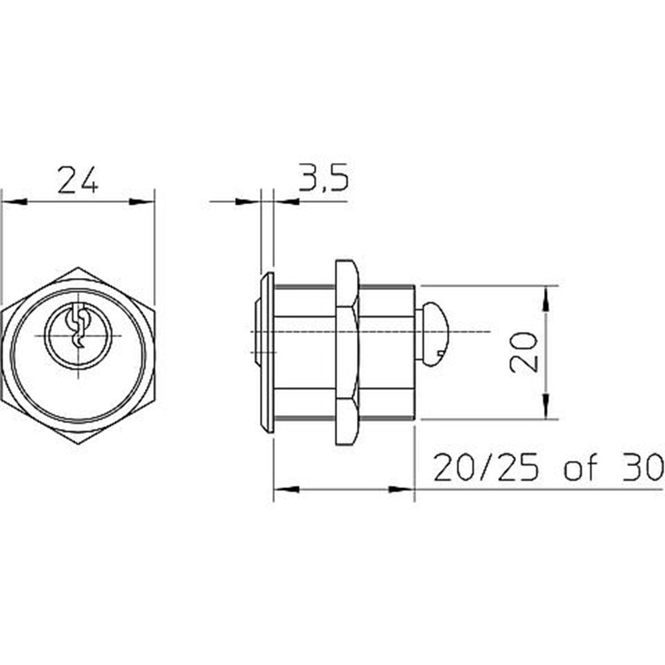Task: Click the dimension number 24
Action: (78, 180)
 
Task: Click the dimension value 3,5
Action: (324, 176)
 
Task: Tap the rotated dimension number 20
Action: (524, 352)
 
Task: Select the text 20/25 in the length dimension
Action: (487, 467)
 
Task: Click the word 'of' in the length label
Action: (581, 467)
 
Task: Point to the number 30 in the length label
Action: (641, 467)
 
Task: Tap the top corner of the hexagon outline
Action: (78, 267)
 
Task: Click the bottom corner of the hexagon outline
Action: (78, 444)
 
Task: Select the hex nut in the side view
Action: (347, 352)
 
